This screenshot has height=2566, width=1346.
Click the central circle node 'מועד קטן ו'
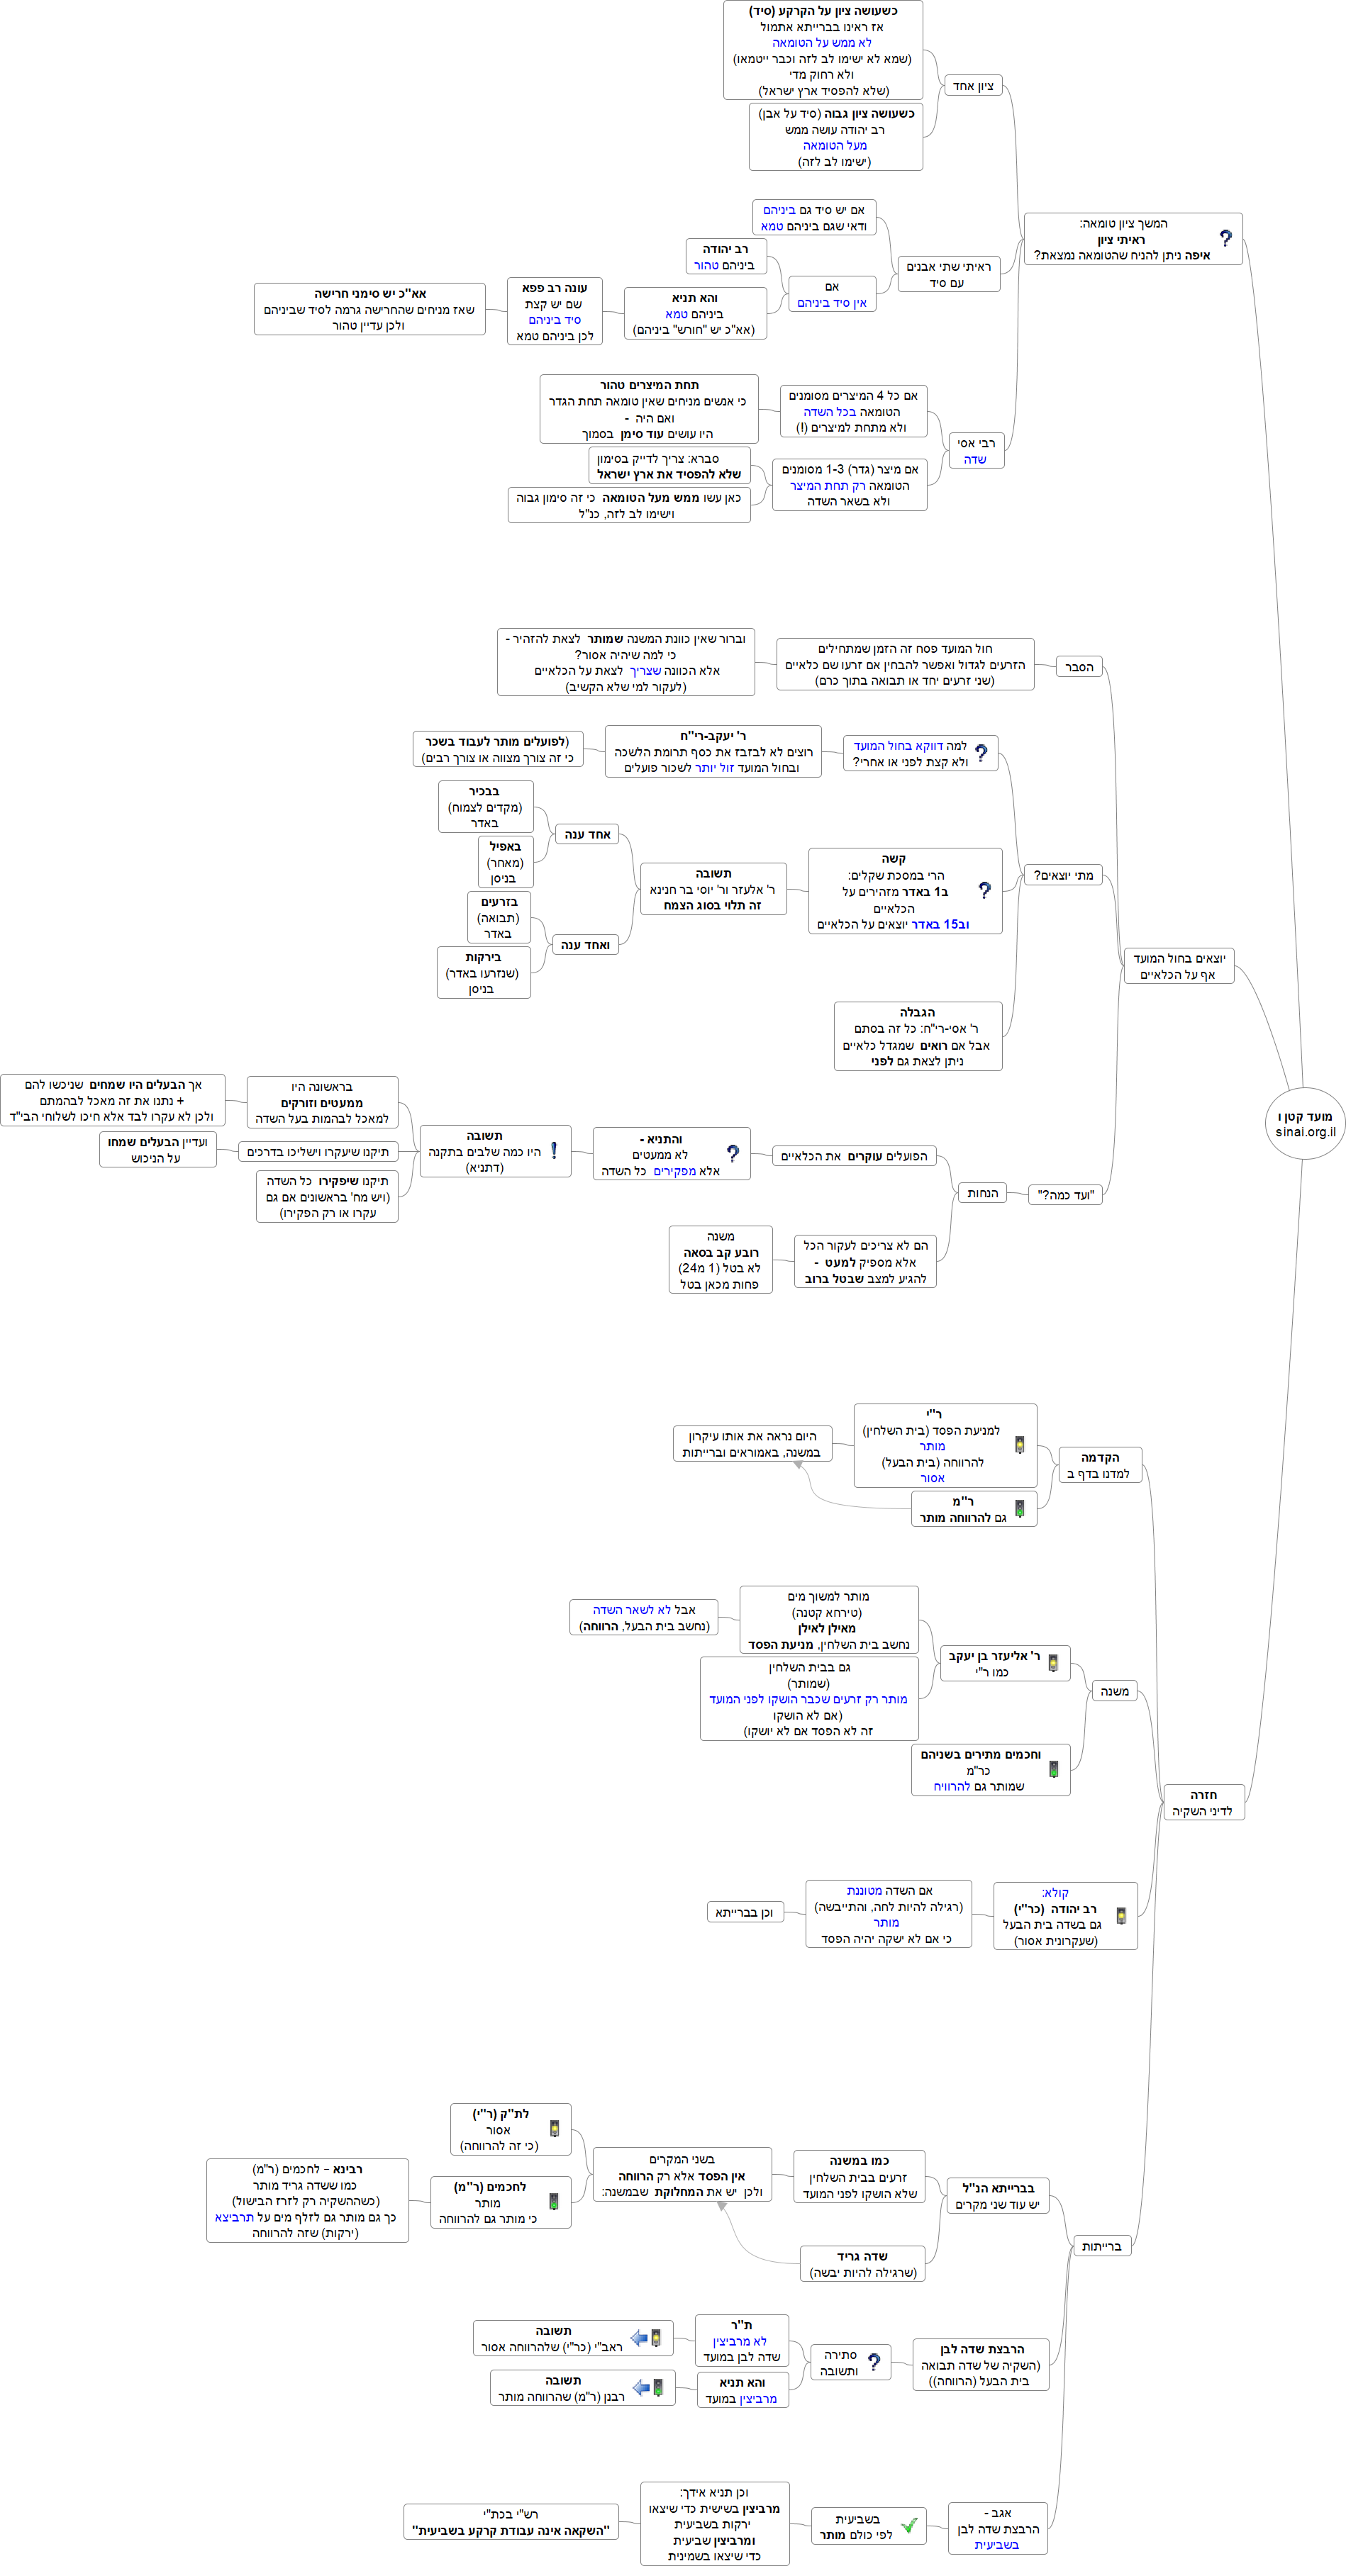coord(1304,1124)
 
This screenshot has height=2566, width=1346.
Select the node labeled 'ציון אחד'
coord(972,86)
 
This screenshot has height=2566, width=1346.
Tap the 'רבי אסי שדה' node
coord(975,450)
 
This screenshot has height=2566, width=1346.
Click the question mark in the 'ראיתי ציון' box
coord(1225,239)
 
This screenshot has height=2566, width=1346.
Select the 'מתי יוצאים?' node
coord(1063,875)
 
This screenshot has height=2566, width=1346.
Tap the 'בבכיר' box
coord(485,807)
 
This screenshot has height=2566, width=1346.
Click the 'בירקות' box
coord(483,973)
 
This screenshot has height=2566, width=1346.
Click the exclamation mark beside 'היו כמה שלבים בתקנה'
coord(554,1150)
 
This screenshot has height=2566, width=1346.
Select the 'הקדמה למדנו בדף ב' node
coord(1099,1465)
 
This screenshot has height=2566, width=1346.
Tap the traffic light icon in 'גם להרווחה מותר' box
coord(1019,1509)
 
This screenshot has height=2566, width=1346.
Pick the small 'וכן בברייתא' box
coord(744,1912)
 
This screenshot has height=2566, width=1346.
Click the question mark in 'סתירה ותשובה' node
coord(874,2362)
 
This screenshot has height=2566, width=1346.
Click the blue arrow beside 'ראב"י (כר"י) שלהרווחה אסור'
coord(640,2338)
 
